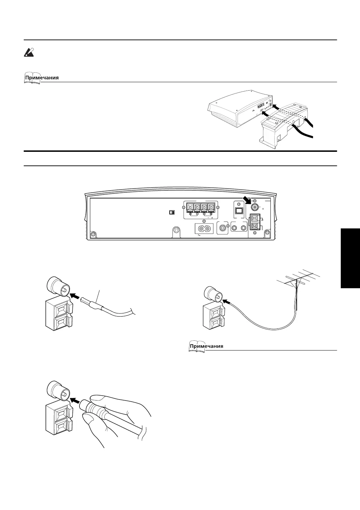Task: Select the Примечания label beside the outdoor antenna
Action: [x=206, y=346]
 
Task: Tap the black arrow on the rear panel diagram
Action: [x=247, y=200]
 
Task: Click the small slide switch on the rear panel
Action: [x=171, y=212]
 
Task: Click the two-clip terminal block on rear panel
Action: [x=254, y=222]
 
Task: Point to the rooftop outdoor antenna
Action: [x=301, y=280]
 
